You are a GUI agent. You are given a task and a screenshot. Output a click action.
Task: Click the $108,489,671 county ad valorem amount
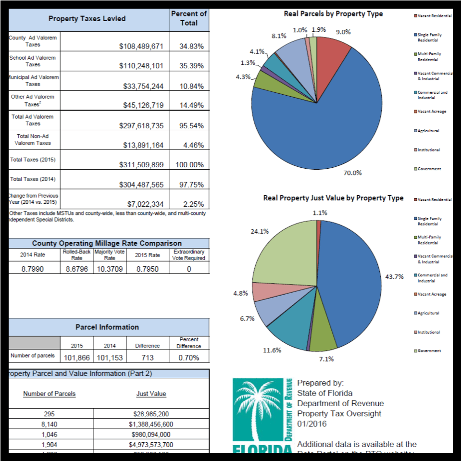pyautogui.click(x=141, y=47)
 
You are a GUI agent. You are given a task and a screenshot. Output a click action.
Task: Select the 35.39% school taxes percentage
pyautogui.click(x=191, y=66)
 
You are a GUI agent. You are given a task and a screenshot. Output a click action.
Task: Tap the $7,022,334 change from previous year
pyautogui.click(x=145, y=204)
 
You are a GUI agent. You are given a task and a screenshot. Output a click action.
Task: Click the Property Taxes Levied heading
pyautogui.click(x=87, y=19)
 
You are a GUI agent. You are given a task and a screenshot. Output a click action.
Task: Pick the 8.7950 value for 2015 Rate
pyautogui.click(x=148, y=269)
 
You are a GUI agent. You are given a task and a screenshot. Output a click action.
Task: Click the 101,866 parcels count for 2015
pyautogui.click(x=77, y=358)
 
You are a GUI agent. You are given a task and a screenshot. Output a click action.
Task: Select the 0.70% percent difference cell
pyautogui.click(x=188, y=358)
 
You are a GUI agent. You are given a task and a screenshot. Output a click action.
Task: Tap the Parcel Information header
pyautogui.click(x=107, y=327)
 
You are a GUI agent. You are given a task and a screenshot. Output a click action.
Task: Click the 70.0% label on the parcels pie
pyautogui.click(x=352, y=173)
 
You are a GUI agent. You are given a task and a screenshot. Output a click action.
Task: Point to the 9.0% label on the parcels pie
pyautogui.click(x=343, y=32)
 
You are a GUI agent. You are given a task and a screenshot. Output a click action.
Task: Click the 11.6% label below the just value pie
pyautogui.click(x=273, y=350)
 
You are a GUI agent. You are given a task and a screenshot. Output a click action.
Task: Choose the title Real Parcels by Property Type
pyautogui.click(x=333, y=13)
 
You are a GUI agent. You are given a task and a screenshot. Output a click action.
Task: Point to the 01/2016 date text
pyautogui.click(x=312, y=424)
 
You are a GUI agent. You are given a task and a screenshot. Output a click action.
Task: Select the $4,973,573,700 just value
pyautogui.click(x=151, y=445)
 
